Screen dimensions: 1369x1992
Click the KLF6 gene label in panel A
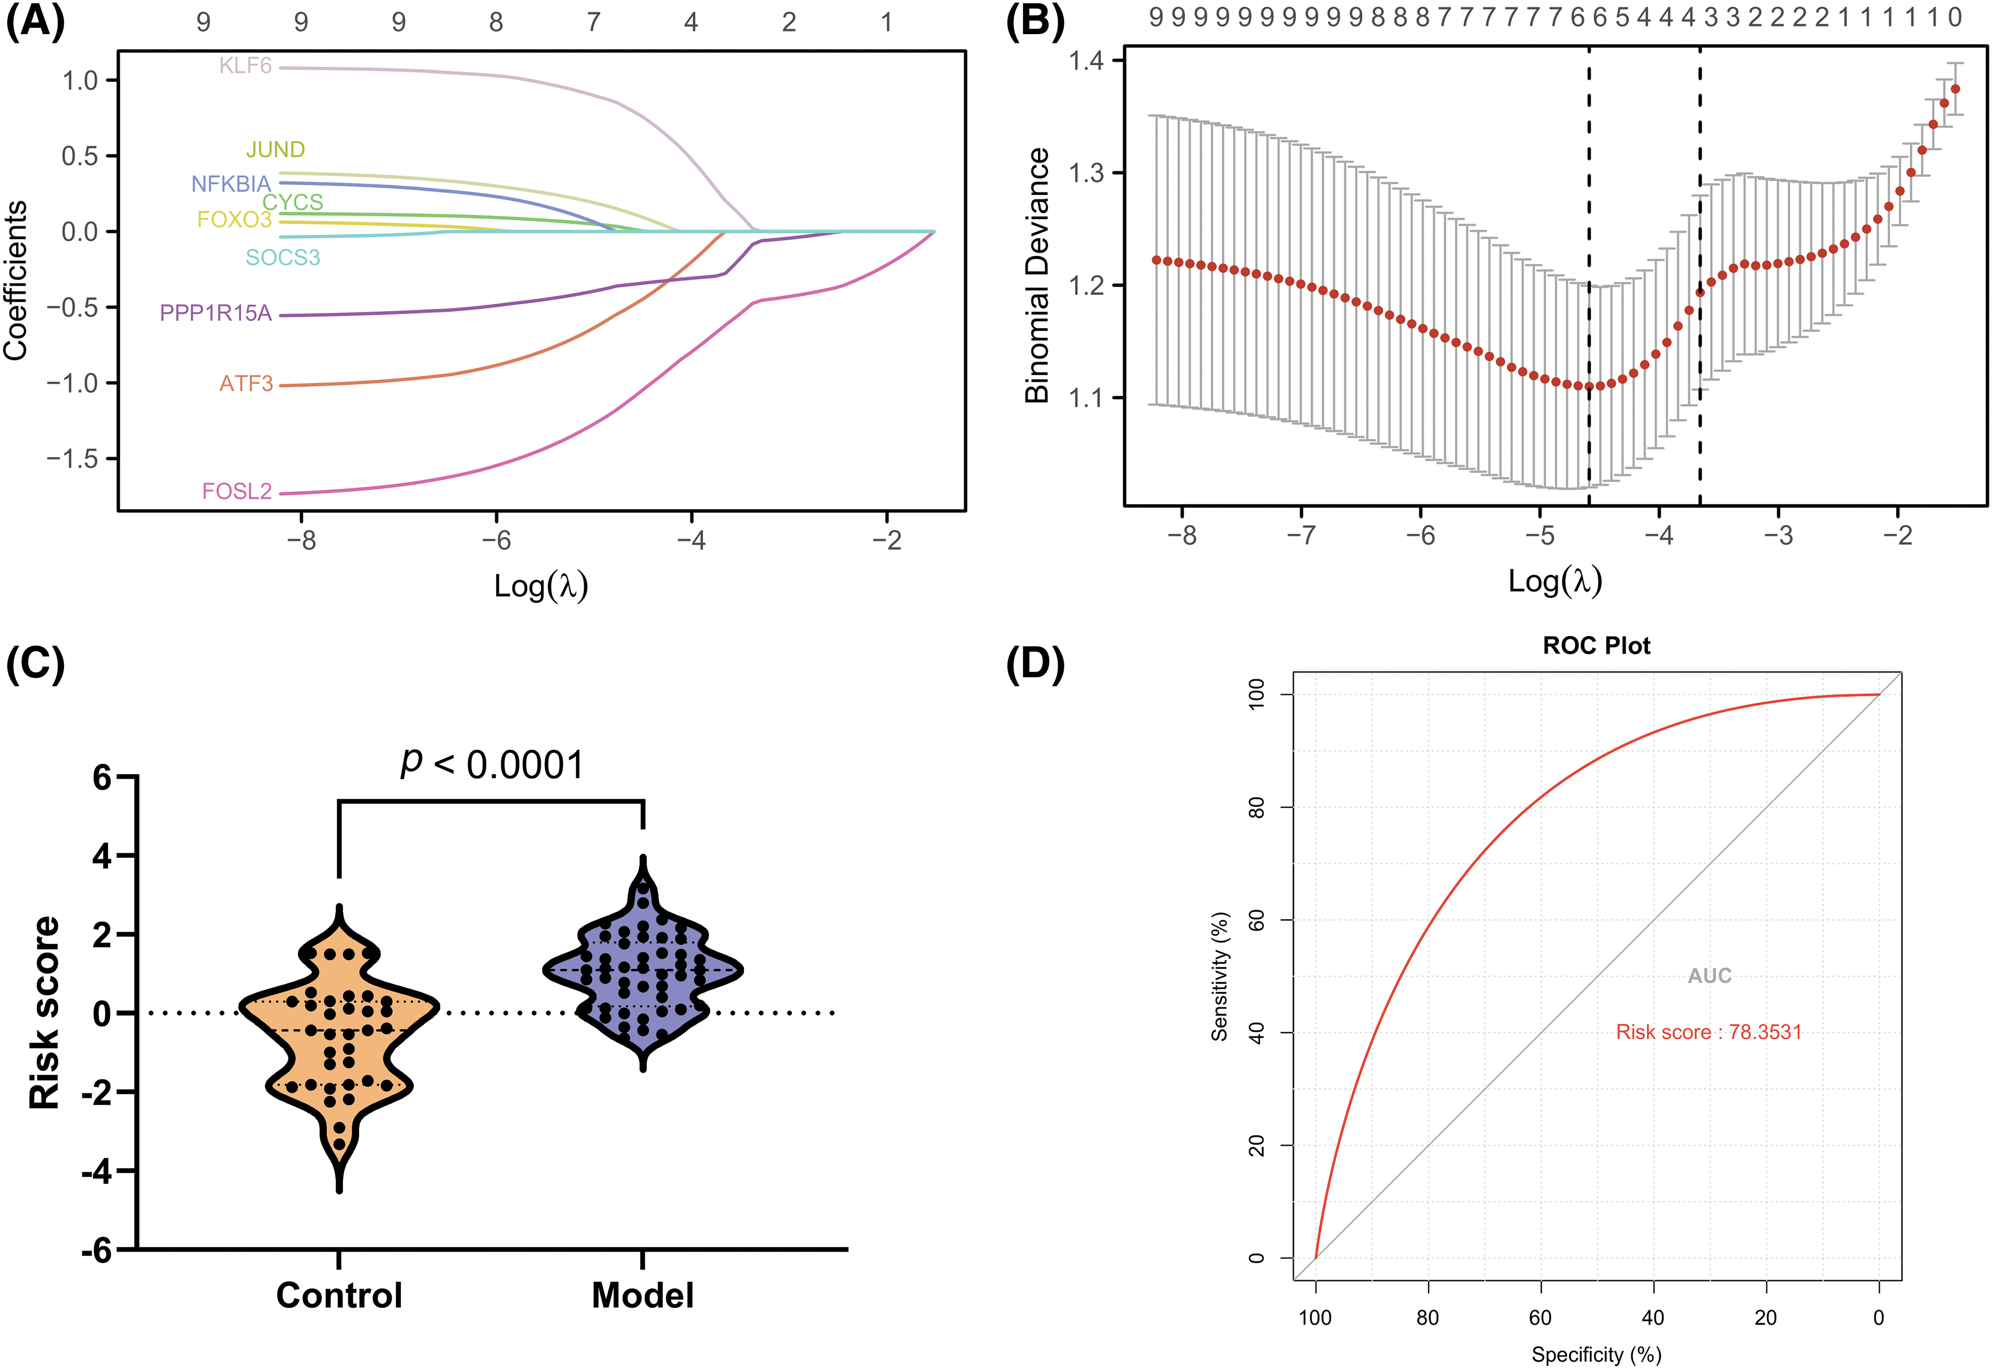[x=245, y=66]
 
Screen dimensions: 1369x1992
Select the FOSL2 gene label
[x=237, y=492]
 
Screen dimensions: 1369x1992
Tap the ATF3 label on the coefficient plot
[x=246, y=383]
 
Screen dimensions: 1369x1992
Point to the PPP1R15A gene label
[x=216, y=313]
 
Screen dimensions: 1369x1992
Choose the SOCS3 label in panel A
[x=283, y=257]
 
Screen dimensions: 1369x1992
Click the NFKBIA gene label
[x=231, y=184]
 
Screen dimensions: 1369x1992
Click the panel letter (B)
[x=1035, y=21]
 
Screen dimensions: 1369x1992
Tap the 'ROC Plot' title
[x=1597, y=645]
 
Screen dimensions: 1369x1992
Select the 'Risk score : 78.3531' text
[x=1709, y=1032]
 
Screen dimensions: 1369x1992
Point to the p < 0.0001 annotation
[x=493, y=764]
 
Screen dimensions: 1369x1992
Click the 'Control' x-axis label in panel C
[x=340, y=1295]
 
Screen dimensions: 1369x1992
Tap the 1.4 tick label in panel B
[x=1084, y=61]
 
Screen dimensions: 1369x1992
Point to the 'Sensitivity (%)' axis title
[x=1219, y=976]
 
